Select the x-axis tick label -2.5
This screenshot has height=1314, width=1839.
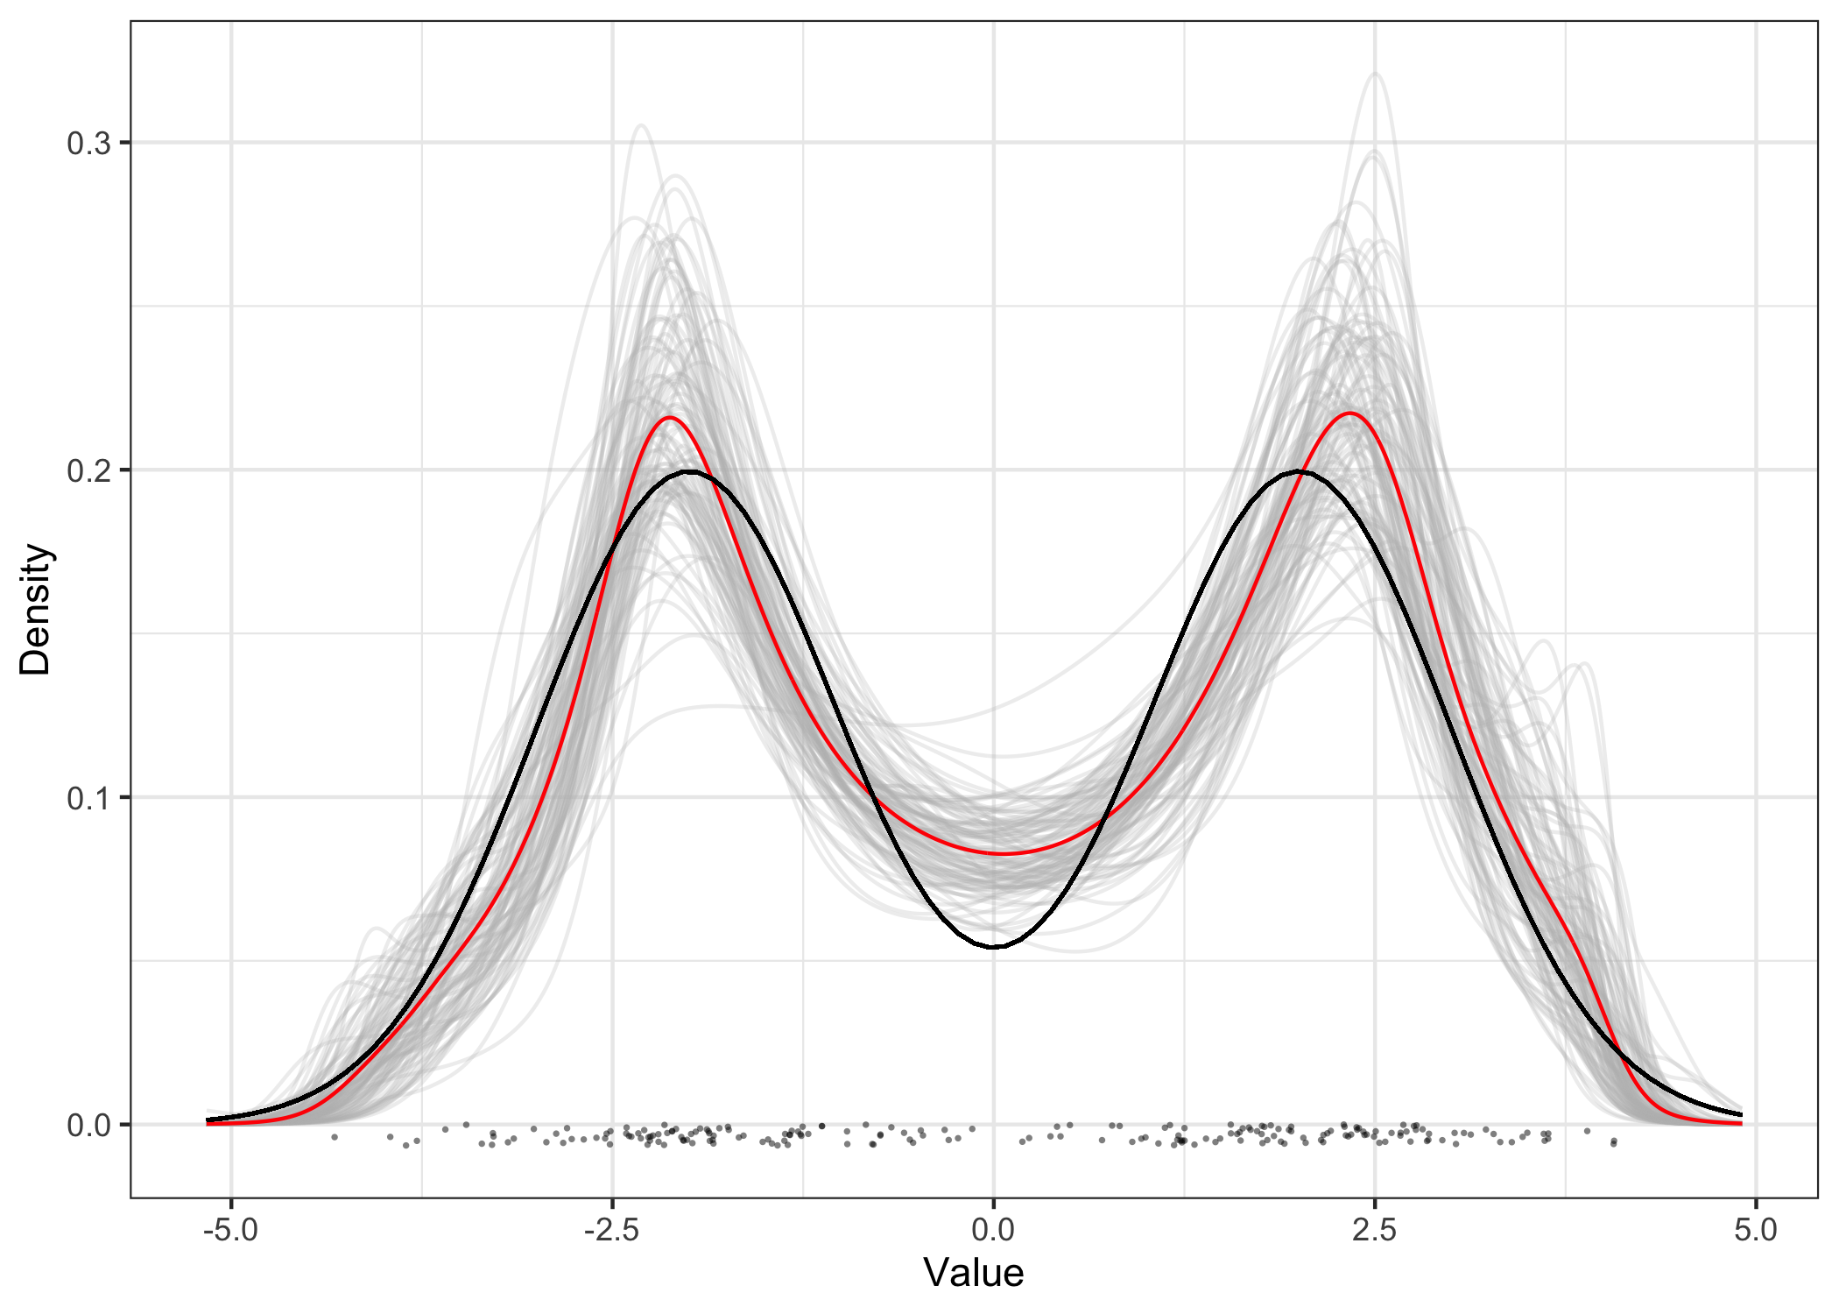click(x=611, y=1230)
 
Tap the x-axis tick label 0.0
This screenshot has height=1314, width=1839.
click(x=993, y=1230)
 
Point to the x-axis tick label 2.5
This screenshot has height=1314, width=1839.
click(x=1374, y=1230)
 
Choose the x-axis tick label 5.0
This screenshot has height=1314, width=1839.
click(x=1755, y=1230)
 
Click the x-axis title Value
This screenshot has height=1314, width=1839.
click(x=973, y=1273)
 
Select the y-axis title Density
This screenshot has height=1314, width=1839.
click(x=37, y=609)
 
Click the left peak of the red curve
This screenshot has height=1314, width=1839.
click(x=670, y=418)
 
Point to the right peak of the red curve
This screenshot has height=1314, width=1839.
click(x=1349, y=413)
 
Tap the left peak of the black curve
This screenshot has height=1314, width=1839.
click(x=690, y=471)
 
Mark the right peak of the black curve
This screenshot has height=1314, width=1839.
click(x=1299, y=471)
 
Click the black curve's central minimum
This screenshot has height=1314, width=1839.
click(x=994, y=947)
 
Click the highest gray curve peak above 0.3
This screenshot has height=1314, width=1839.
click(x=1375, y=74)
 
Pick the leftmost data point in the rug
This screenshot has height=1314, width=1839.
click(x=335, y=1137)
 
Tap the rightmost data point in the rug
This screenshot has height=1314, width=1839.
click(x=1613, y=1142)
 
